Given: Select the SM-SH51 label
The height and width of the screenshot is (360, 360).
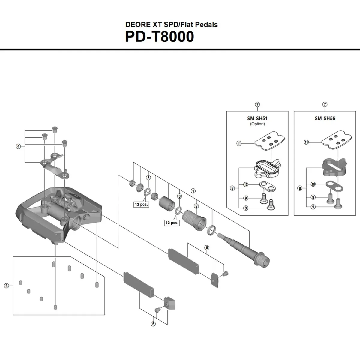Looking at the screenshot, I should (x=257, y=118).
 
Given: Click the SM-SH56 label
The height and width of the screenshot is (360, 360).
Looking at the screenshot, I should (x=325, y=118).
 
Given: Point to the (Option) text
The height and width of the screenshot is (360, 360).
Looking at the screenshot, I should (x=257, y=124).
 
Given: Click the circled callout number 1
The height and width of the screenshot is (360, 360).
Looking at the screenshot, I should (x=193, y=191).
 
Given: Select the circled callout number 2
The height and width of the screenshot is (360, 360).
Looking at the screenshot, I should (x=196, y=206).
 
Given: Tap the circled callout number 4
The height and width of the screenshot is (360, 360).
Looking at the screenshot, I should (x=19, y=146).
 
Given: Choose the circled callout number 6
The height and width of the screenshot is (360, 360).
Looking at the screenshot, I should (x=7, y=286).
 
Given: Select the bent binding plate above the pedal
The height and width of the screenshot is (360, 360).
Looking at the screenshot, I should (x=54, y=165).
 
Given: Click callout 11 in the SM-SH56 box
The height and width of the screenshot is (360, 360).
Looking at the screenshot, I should (x=306, y=142).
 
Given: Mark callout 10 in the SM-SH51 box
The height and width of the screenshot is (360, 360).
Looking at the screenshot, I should (x=246, y=184).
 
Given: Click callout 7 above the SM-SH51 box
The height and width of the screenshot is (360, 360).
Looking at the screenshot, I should (x=257, y=104).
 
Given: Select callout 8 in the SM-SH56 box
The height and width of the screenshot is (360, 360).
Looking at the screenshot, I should (x=300, y=188).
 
